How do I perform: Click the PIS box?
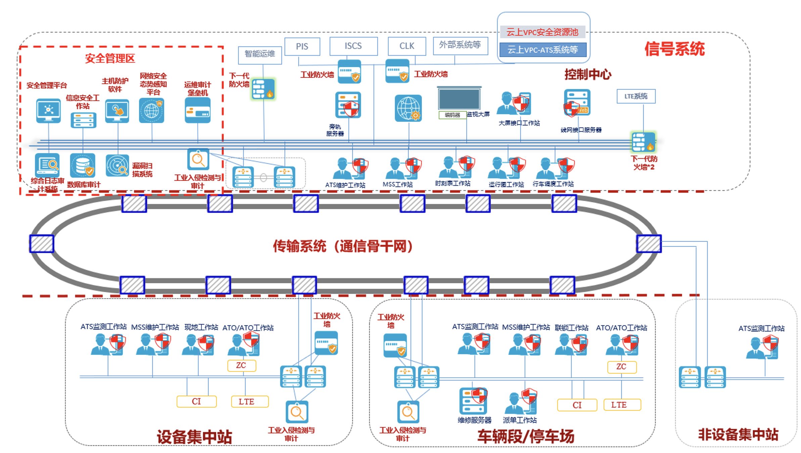point(302,46)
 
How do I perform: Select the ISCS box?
point(353,46)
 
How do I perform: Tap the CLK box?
point(407,46)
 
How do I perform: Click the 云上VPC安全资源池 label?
point(542,32)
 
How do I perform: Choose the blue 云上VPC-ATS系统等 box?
point(543,50)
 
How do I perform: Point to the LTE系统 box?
point(636,96)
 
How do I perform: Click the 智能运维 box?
point(260,54)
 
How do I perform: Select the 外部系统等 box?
point(460,45)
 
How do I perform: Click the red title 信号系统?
point(674,49)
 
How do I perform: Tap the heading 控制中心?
point(587,74)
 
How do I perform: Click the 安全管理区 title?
point(110,58)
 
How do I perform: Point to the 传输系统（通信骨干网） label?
point(342,246)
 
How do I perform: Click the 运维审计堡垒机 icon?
point(198,111)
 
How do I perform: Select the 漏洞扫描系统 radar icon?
point(117,166)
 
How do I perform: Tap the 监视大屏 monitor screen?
point(459,98)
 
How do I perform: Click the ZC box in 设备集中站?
point(241,366)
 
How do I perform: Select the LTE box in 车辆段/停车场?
point(622,405)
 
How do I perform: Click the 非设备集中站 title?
point(738,434)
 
